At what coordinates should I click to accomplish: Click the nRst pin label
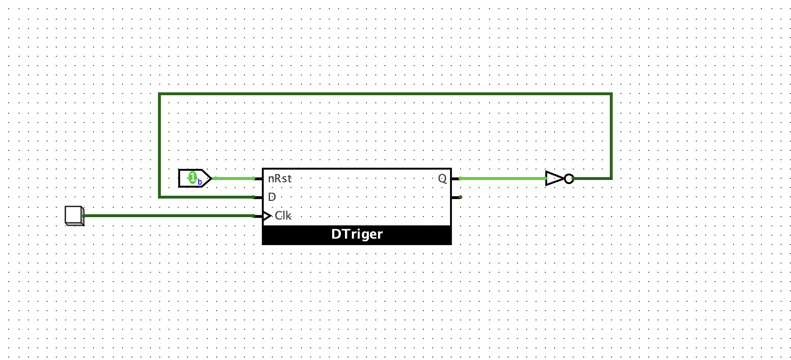pyautogui.click(x=280, y=179)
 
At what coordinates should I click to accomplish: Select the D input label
pyautogui.click(x=272, y=197)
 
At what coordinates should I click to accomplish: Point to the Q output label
pyautogui.click(x=442, y=179)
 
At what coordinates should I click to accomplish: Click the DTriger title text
pyautogui.click(x=357, y=235)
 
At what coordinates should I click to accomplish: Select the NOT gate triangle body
pyautogui.click(x=554, y=179)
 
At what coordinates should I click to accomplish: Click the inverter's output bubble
pyautogui.click(x=569, y=179)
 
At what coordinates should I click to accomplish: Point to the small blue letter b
pyautogui.click(x=200, y=182)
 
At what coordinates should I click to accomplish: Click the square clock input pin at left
pyautogui.click(x=74, y=215)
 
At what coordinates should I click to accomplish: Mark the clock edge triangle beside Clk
pyautogui.click(x=267, y=216)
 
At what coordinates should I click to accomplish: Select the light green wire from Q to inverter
pyautogui.click(x=502, y=179)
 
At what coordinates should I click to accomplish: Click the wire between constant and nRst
pyautogui.click(x=233, y=178)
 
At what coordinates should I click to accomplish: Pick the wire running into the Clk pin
pyautogui.click(x=168, y=216)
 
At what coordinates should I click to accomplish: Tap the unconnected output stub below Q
pyautogui.click(x=456, y=197)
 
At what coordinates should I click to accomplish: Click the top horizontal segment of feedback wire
pyautogui.click(x=383, y=94)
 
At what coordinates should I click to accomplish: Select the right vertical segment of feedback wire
pyautogui.click(x=611, y=136)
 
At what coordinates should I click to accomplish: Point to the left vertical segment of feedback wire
pyautogui.click(x=160, y=145)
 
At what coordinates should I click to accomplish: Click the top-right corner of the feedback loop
pyautogui.click(x=611, y=94)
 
